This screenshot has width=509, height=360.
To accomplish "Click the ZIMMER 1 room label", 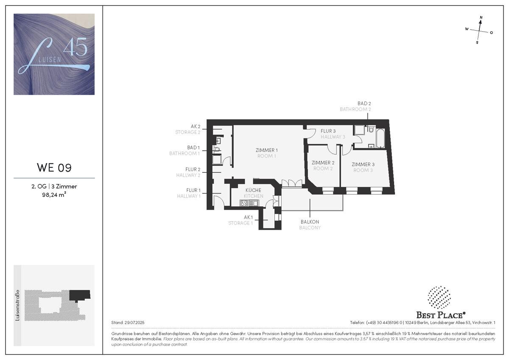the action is (x=266, y=150).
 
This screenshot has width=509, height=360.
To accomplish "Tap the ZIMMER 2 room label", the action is (x=323, y=163).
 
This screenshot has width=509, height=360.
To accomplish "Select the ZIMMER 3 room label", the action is (x=363, y=164).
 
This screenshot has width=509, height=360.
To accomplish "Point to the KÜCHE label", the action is (x=253, y=190).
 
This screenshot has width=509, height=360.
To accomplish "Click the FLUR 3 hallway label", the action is (x=328, y=131).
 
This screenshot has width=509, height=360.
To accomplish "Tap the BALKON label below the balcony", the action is (x=310, y=222).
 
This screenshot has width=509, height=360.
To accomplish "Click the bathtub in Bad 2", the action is (x=380, y=138).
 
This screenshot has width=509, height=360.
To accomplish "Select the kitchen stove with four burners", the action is (x=244, y=203).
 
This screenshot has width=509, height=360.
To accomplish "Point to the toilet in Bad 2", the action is (x=371, y=129).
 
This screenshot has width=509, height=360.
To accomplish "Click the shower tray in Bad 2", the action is (x=358, y=130).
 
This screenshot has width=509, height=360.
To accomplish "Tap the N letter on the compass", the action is (x=481, y=17).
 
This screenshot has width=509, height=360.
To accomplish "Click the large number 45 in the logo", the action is (x=75, y=47).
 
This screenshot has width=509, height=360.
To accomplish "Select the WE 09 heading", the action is (x=54, y=168).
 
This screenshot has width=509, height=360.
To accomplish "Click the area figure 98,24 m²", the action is (x=54, y=195).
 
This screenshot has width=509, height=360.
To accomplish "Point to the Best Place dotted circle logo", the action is (x=439, y=298).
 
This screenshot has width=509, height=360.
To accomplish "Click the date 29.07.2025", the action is (x=134, y=323).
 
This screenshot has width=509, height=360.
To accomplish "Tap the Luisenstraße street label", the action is (x=17, y=305).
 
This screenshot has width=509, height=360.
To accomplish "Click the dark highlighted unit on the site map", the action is (x=80, y=295).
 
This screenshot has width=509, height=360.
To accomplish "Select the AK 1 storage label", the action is (x=248, y=217).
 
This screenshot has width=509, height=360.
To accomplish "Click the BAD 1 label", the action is (x=193, y=148).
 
